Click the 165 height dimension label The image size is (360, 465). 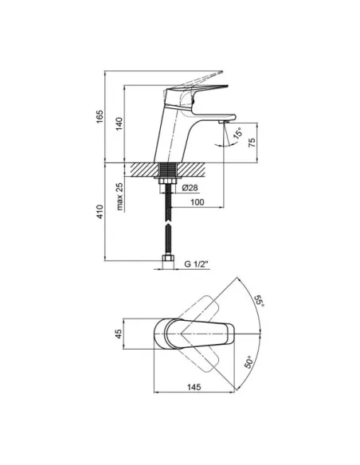tap(100, 117)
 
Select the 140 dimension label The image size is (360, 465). tap(119, 124)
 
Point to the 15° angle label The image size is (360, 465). tap(238, 133)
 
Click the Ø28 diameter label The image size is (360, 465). tap(190, 188)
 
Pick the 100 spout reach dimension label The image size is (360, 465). tap(198, 202)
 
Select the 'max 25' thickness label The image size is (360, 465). tap(119, 196)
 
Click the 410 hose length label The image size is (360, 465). tap(100, 212)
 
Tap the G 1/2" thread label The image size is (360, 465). tap(196, 264)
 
